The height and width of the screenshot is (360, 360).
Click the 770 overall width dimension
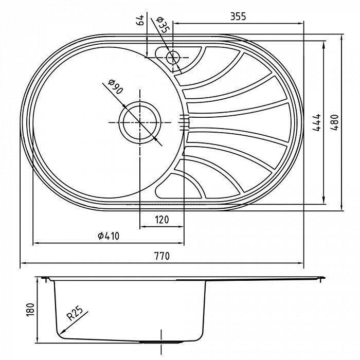[x=161, y=256]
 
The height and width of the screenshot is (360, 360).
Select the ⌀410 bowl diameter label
[x=109, y=236]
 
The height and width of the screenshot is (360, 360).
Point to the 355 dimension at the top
[x=238, y=16]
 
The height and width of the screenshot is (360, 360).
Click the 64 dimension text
[x=138, y=22]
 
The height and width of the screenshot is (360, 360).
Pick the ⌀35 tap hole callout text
[x=163, y=24]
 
